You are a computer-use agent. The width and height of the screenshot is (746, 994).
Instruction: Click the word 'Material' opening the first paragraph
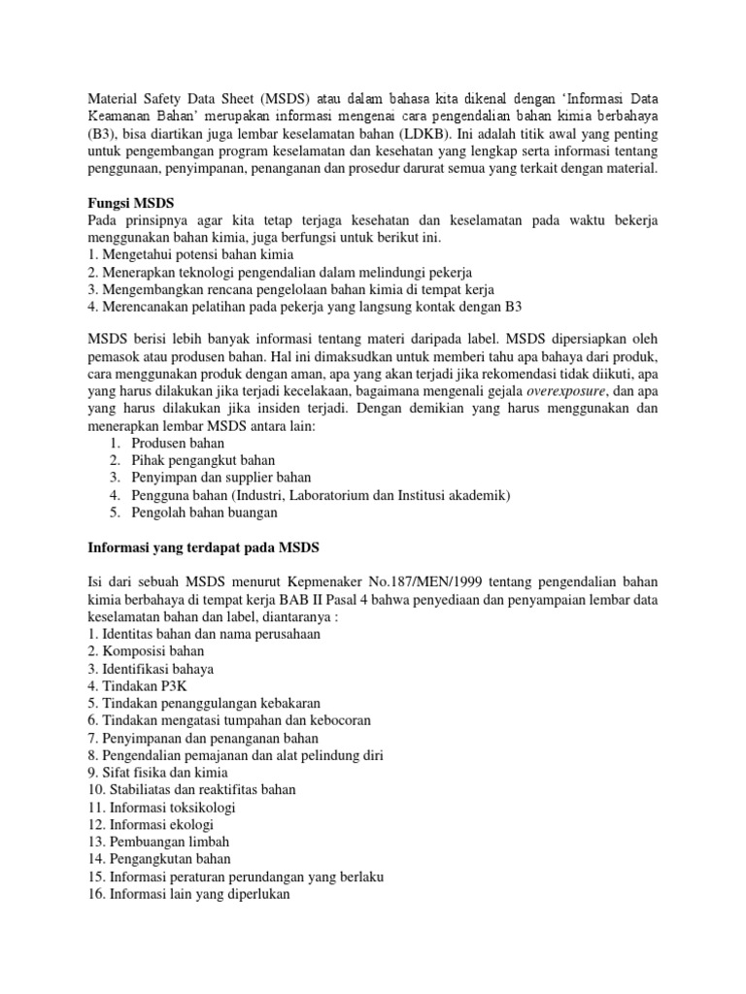point(115,99)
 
